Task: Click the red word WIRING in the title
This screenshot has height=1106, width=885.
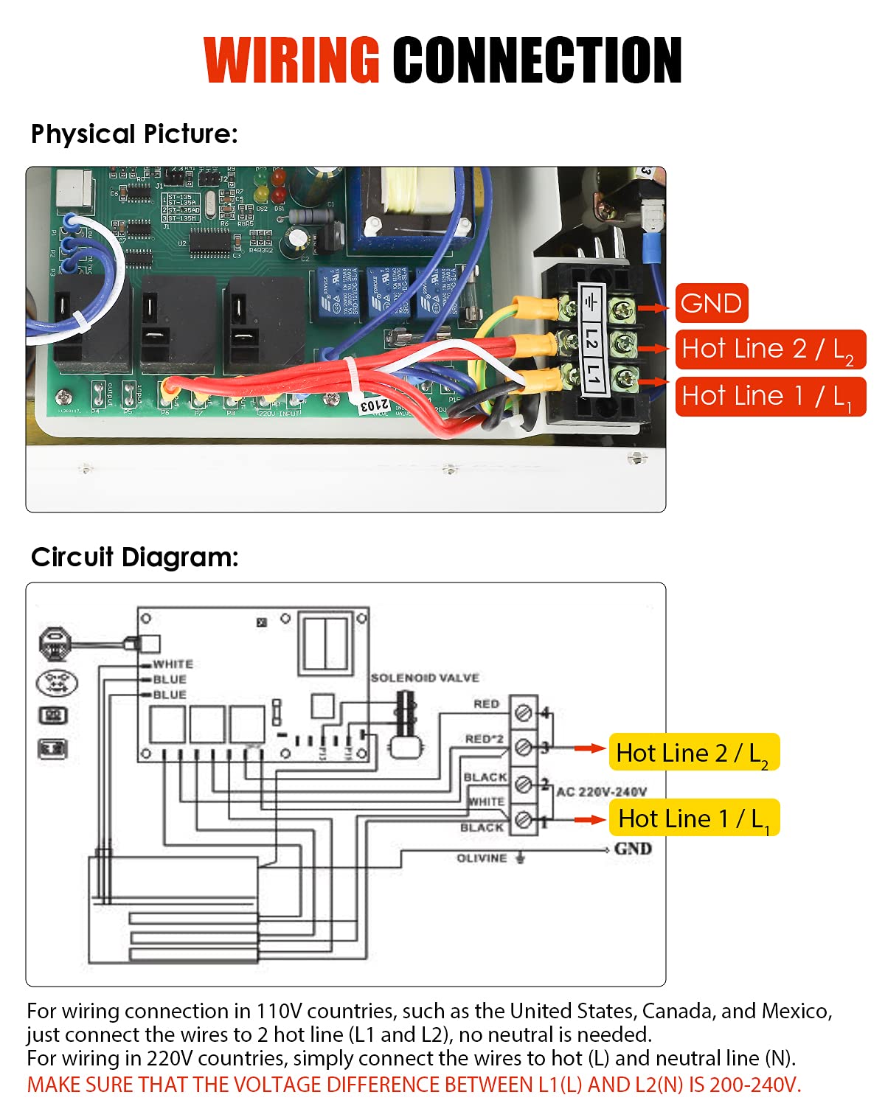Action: [291, 60]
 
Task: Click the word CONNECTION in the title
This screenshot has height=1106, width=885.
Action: [537, 60]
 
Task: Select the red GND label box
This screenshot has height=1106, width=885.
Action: [712, 303]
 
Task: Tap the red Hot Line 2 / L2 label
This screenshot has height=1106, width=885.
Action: [769, 349]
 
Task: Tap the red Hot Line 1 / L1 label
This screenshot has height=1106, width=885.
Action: [769, 397]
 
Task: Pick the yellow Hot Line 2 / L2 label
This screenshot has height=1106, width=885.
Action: [693, 753]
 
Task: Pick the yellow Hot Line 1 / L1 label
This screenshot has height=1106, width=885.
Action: [693, 818]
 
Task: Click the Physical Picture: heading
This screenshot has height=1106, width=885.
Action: [134, 134]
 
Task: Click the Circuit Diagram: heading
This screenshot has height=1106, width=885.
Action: [135, 557]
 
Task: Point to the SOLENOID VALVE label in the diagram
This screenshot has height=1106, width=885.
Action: [425, 678]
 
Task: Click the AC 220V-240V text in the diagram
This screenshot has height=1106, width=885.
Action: [601, 792]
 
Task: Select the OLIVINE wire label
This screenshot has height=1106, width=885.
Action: [482, 858]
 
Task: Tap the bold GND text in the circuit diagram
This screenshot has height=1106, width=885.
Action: [633, 849]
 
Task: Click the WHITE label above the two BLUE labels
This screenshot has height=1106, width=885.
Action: [173, 664]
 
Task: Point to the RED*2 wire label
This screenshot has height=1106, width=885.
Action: [484, 739]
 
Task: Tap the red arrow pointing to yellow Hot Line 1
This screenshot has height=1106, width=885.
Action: [590, 819]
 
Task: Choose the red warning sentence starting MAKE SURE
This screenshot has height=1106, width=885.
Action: [414, 1085]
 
